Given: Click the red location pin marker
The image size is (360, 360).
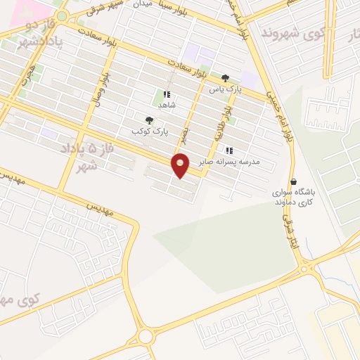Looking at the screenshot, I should (x=181, y=166).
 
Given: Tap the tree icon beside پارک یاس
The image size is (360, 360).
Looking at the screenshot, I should (x=225, y=78).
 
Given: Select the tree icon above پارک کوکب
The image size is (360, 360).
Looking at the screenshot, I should (x=148, y=120).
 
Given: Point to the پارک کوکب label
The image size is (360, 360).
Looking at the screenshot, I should (x=148, y=131).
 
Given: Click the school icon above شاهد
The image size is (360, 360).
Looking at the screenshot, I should (x=167, y=94).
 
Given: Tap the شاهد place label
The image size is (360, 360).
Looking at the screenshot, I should (x=167, y=105).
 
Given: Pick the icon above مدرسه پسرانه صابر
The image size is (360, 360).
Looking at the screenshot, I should (x=229, y=150).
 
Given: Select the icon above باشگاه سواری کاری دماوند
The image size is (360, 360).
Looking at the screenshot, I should (x=293, y=181).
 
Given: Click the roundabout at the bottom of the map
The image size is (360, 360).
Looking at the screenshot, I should (x=146, y=337).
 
